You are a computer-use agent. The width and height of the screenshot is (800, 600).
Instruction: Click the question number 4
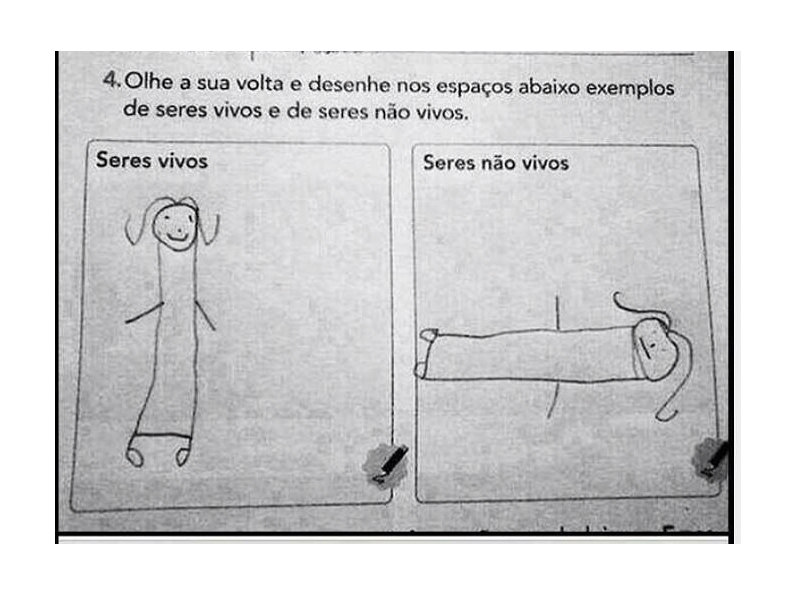coord(111,80)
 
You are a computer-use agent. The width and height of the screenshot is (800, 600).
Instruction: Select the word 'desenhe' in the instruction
coord(349,84)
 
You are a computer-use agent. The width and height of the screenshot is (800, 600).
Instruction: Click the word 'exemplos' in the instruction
coord(630,88)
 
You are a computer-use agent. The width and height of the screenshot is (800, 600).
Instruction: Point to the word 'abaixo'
coord(549,86)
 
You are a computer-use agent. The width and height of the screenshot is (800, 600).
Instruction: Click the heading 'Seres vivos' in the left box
coord(152,160)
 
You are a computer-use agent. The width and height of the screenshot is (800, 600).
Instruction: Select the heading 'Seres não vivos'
coord(495,163)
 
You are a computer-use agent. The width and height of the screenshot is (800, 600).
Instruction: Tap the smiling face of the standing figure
coord(175,228)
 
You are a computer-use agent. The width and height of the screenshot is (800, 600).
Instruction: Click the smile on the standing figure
coord(178,237)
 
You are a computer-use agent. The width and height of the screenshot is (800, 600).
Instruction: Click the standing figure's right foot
coord(182,455)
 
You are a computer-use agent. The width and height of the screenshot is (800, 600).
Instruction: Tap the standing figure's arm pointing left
coord(144,312)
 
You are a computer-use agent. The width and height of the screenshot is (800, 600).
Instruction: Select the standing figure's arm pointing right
coord(205,315)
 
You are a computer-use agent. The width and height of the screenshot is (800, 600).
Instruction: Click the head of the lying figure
coord(655,349)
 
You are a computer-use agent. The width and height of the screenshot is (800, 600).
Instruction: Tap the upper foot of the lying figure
coord(429,335)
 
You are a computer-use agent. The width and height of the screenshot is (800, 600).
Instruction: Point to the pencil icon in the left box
coord(386,463)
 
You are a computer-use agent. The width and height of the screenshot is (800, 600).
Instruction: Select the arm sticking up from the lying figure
coord(558,311)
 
